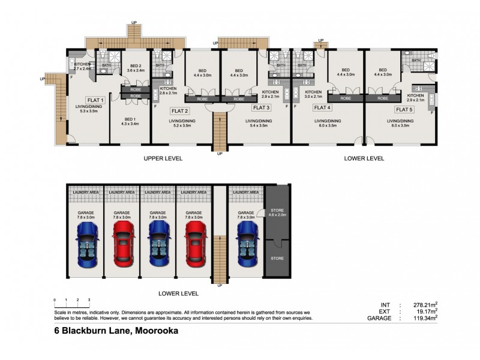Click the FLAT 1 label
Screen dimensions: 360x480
click(95, 100)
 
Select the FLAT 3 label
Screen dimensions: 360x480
click(261, 108)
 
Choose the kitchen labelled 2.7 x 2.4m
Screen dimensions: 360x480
click(83, 67)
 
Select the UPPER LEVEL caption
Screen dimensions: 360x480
click(163, 158)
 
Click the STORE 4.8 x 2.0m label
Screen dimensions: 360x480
click(278, 212)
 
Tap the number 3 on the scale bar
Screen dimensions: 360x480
click(89, 299)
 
